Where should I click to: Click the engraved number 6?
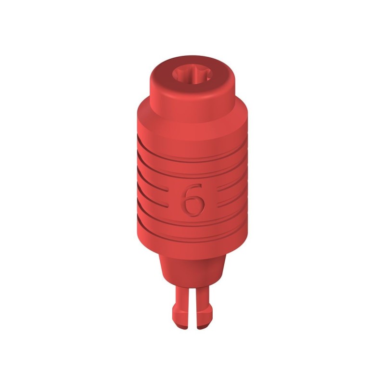coord(192,199)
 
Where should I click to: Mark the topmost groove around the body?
coord(192,153)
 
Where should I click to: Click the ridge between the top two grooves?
coord(192,162)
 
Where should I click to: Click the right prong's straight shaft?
coord(203,296)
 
